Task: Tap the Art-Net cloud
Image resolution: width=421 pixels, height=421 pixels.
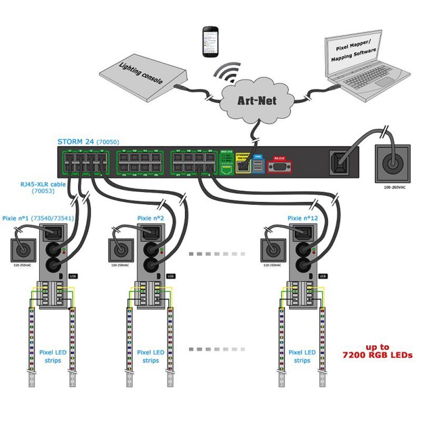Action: [x=256, y=98]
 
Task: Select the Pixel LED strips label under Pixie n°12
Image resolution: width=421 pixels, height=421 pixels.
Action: [x=302, y=356]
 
